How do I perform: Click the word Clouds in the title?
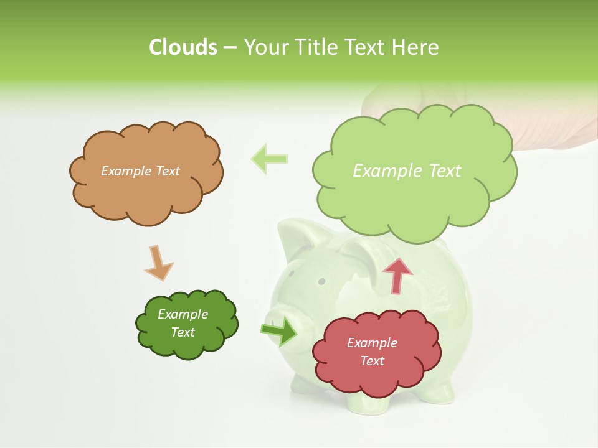183,47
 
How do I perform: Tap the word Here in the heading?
415,47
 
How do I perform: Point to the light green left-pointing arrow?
269,159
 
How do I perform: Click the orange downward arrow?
158,263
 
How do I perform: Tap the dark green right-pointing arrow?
280,331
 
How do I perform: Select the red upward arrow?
397,274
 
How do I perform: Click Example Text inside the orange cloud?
140,171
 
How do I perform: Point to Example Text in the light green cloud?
407,171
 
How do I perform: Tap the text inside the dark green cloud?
183,323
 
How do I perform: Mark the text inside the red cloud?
372,352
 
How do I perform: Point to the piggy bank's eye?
321,281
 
